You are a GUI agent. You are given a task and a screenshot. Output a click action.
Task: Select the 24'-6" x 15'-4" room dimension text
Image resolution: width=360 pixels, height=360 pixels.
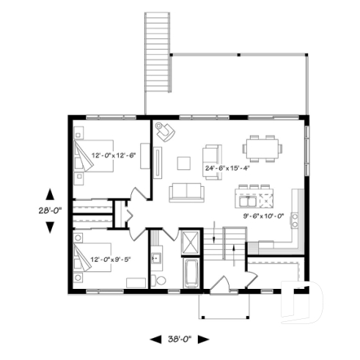point(228,168)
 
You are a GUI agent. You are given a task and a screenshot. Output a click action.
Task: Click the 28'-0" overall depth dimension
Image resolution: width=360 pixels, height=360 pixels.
point(49,210)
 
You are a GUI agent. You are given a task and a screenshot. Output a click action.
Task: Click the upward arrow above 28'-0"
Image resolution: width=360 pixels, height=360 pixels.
point(49,194)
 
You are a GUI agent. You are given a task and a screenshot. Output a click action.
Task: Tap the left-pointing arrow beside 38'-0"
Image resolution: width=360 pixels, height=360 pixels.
point(155,339)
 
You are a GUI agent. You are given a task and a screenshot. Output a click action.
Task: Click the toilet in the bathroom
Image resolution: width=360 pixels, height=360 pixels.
point(159,280)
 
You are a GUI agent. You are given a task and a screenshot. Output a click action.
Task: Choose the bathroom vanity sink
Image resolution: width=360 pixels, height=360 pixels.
point(155,259)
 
